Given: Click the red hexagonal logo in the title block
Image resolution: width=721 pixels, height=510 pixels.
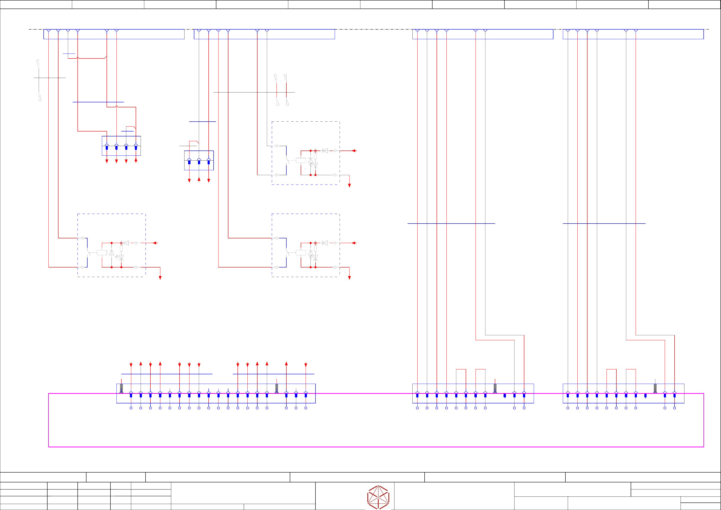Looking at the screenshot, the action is (378, 497).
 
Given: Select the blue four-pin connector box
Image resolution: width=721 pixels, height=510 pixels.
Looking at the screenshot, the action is (121, 146).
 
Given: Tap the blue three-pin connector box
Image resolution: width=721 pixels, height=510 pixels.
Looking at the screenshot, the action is (199, 160).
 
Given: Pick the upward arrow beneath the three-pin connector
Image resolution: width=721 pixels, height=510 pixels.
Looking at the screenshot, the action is (199, 179).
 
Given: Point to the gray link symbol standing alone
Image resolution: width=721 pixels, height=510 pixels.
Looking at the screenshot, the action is (39, 80).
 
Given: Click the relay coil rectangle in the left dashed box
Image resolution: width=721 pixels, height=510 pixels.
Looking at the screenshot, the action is (102, 253).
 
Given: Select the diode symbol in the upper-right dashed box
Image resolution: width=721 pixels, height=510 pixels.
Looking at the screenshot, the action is (325, 151).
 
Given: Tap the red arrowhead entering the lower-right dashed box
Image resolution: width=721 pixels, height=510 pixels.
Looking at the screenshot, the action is (354, 243).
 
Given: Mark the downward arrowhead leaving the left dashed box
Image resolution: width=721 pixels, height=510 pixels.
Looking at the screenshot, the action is (160, 278).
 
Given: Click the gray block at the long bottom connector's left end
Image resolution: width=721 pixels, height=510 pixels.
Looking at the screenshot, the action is (121, 388).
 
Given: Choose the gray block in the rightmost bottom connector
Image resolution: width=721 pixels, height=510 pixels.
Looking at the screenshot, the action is (655, 388).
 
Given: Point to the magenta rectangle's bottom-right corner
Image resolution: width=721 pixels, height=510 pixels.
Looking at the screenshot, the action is (704, 447).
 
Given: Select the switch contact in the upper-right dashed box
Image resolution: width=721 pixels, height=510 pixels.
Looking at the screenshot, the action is (287, 160).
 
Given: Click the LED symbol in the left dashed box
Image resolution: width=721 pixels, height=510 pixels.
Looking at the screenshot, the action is (121, 257).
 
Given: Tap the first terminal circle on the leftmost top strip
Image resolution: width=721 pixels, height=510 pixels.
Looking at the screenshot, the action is (48, 30).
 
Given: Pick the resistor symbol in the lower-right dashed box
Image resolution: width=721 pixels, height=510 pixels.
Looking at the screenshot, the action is (315, 248).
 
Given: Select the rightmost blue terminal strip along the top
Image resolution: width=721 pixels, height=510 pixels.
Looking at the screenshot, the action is (633, 34).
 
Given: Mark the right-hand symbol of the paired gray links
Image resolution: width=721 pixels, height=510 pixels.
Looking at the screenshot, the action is (286, 90).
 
